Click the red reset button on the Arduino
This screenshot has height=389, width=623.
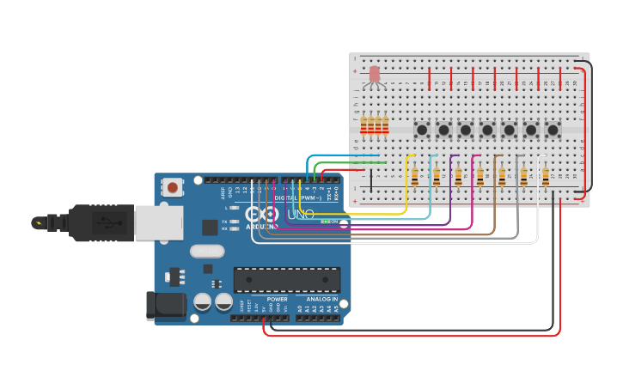point(173,186)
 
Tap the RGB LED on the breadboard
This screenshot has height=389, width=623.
point(374,75)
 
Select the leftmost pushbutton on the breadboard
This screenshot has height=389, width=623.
point(422,130)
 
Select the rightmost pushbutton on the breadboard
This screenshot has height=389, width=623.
point(553,130)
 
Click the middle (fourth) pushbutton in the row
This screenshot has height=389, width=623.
point(487,130)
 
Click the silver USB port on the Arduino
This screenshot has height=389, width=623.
point(158,222)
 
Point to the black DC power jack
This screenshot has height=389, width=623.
point(166,306)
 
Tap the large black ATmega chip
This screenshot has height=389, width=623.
point(286,279)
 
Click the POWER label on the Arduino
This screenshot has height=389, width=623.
point(277,299)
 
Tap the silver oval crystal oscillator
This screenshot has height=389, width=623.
point(207,252)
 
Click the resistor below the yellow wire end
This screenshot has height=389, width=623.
point(415,176)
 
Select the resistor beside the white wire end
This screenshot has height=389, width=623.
point(545,176)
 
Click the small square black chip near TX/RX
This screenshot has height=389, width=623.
point(210,227)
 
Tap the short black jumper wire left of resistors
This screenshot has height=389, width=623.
point(371,179)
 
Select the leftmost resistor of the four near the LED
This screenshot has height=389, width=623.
point(363,126)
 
